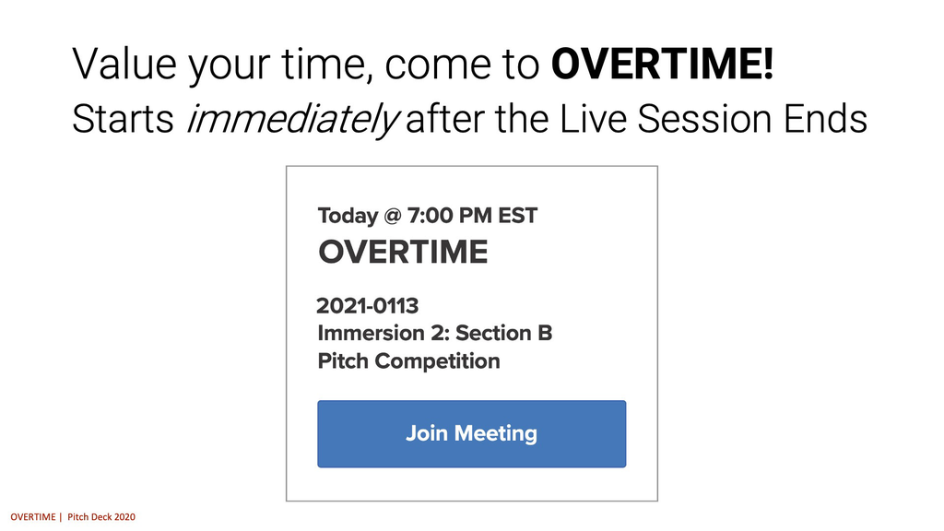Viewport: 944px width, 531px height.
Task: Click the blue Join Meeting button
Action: (471, 433)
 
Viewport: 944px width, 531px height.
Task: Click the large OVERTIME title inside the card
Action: (403, 252)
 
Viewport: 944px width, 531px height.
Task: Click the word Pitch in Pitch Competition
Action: (343, 360)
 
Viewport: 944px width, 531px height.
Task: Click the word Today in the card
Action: (348, 217)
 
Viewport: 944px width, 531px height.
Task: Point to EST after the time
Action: (517, 217)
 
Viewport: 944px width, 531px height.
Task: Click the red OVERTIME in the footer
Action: (31, 517)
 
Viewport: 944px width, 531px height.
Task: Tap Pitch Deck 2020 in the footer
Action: (101, 517)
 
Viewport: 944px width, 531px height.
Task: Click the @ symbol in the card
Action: (392, 217)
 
